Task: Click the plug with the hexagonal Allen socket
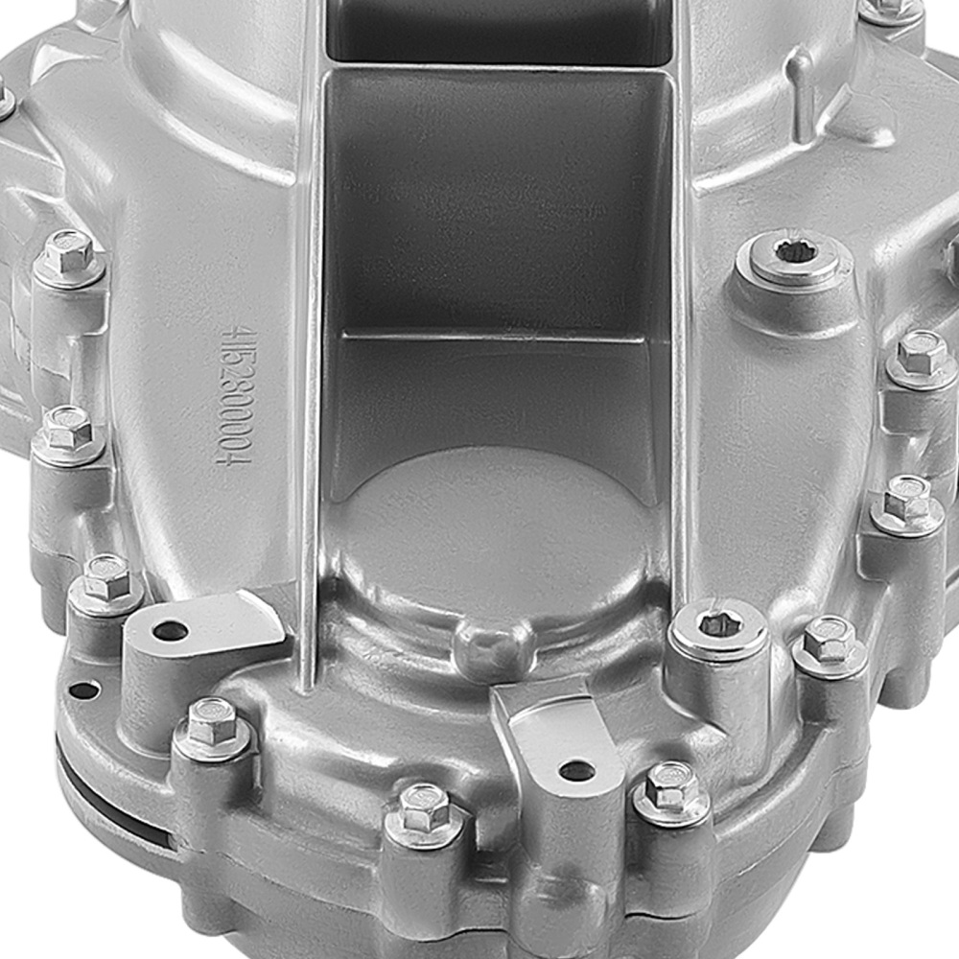click(x=718, y=626)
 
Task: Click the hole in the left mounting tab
click(x=170, y=631)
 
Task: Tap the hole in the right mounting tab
click(x=576, y=769)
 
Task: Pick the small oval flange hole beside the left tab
click(x=84, y=690)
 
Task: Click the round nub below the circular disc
click(x=495, y=643)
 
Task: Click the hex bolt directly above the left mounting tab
click(x=106, y=578)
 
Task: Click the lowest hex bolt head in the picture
click(x=423, y=807)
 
